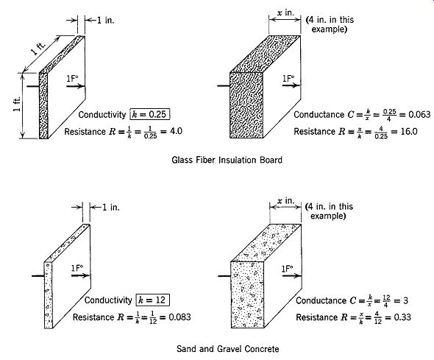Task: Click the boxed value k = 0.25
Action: point(150,114)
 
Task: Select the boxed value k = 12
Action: point(152,300)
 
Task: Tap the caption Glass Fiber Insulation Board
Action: point(227,160)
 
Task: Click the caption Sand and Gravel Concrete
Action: point(228,349)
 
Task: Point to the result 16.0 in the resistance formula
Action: point(409,131)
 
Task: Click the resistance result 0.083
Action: point(179,317)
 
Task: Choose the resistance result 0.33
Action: point(402,317)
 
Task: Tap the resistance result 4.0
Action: point(176,131)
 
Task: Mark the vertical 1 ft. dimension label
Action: point(17,104)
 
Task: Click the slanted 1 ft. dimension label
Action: point(38,48)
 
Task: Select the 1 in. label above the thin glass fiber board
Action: point(105,20)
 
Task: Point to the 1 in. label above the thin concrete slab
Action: point(111,207)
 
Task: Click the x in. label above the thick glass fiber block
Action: point(285,13)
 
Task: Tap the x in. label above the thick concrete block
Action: point(286,200)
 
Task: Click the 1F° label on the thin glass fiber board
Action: point(72,79)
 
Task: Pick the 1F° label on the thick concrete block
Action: point(288,269)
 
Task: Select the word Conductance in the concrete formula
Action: point(321,300)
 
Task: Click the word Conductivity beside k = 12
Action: point(108,300)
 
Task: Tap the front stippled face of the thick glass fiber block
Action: point(246,105)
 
